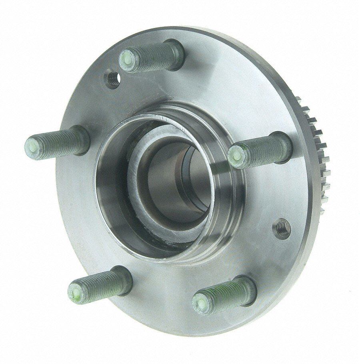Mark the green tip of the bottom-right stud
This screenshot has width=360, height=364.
(x=200, y=300)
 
